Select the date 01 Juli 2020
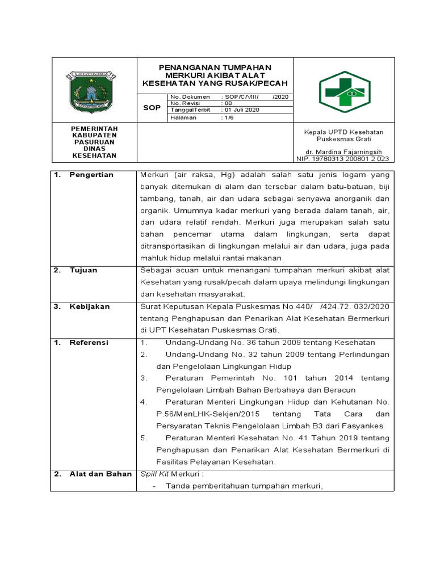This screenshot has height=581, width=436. [240, 110]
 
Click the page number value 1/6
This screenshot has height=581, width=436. [228, 117]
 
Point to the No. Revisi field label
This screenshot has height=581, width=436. [183, 103]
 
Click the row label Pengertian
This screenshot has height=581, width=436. [91, 175]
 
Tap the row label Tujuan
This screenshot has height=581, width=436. [83, 270]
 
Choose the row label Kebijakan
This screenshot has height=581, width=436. [89, 306]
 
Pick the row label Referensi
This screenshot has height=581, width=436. [89, 343]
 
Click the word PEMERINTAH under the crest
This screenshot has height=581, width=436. [94, 129]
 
